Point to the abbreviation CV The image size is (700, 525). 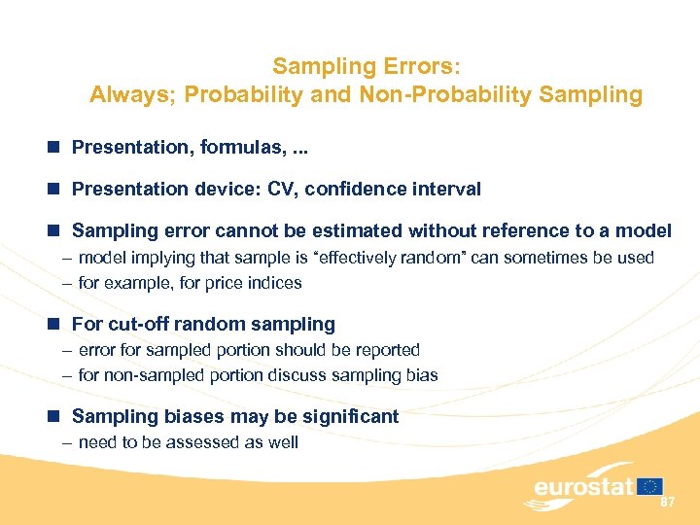tap(281, 189)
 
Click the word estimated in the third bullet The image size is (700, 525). tap(354, 230)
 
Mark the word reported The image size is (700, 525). tap(386, 349)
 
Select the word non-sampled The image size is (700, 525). tap(147, 374)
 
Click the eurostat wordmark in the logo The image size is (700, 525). tap(582, 487)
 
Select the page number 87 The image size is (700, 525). tap(667, 502)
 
